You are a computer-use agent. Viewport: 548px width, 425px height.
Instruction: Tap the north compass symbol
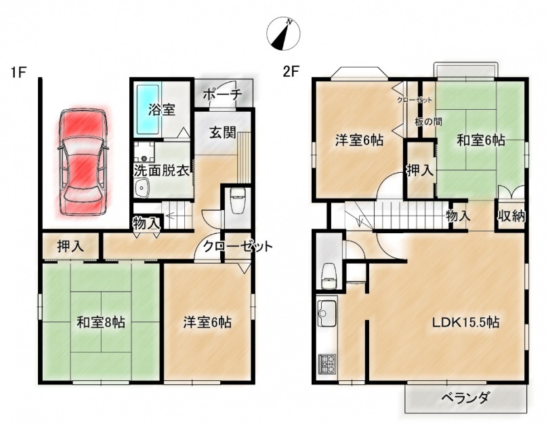click(x=283, y=34)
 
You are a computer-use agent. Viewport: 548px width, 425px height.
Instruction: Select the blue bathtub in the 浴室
click(x=148, y=110)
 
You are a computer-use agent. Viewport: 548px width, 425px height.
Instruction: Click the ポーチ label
click(x=222, y=94)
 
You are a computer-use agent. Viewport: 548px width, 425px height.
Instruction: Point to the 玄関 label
click(x=223, y=133)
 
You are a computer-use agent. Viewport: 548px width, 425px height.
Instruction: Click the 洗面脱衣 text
click(x=162, y=171)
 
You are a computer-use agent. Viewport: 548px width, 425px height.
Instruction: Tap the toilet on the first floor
click(x=238, y=201)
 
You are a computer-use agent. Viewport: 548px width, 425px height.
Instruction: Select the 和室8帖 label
click(x=101, y=322)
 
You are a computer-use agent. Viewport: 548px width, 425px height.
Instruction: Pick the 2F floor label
click(x=291, y=72)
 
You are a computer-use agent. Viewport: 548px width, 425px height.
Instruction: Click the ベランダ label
click(x=465, y=398)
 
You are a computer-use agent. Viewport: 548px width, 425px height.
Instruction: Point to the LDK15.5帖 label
click(x=465, y=322)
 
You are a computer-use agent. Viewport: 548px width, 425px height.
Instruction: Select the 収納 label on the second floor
click(x=511, y=216)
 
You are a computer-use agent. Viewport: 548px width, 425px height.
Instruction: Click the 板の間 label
click(x=429, y=122)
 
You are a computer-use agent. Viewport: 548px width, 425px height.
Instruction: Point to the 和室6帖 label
click(x=481, y=140)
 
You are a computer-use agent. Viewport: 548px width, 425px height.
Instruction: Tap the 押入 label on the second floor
click(x=419, y=170)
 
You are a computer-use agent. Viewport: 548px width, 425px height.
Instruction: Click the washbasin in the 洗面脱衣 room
click(x=142, y=188)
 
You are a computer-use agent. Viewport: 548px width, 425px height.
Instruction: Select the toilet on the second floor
click(x=329, y=275)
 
